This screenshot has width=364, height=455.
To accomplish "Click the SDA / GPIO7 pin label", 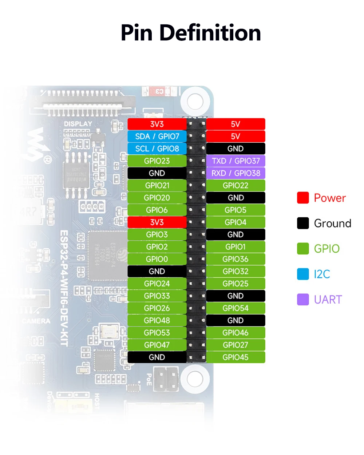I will (157, 136).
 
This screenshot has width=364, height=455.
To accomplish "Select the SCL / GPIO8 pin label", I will (157, 149).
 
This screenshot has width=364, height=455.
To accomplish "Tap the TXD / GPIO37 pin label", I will (236, 161).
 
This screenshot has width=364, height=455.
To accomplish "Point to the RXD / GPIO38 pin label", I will (236, 173).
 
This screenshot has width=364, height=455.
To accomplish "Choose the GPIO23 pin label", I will (157, 161).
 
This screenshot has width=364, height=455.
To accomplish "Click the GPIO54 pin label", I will (236, 308).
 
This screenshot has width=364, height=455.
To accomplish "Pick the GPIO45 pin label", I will (236, 357).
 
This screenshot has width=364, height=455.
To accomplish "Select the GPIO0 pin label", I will (157, 259).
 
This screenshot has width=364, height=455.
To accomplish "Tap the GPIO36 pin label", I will (236, 259).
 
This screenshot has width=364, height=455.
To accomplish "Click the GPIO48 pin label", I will (157, 320).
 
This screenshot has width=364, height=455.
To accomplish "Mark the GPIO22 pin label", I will (236, 186).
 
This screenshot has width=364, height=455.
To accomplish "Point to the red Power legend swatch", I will (303, 198).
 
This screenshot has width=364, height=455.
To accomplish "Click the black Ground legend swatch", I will (303, 223).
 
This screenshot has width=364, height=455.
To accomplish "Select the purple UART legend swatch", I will (303, 300).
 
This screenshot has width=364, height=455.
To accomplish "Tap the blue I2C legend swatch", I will (303, 274).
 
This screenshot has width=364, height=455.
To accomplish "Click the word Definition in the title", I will (210, 33).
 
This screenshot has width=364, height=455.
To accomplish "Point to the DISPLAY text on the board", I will (78, 124).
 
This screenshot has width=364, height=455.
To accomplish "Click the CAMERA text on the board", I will (36, 321).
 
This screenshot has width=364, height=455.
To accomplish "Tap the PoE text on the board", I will (149, 379).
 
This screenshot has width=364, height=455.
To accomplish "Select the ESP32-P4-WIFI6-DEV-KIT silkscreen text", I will (64, 288).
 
